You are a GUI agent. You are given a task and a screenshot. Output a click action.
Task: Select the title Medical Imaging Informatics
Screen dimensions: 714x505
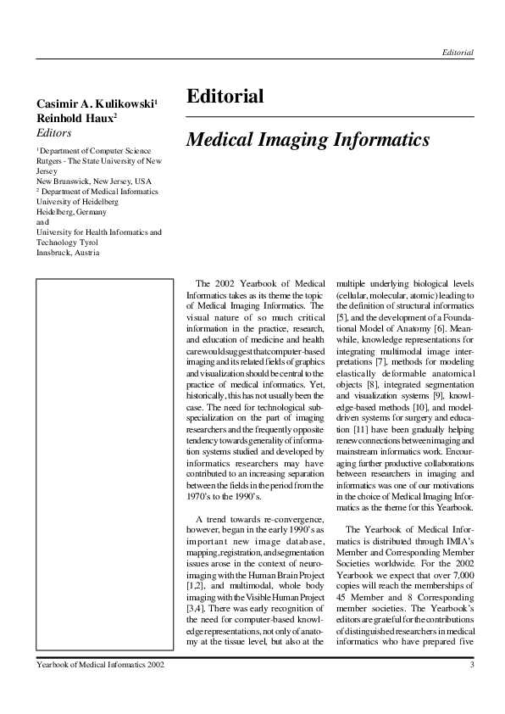coord(308,138)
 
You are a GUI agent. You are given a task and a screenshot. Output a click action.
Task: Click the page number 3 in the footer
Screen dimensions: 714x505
coord(471,665)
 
